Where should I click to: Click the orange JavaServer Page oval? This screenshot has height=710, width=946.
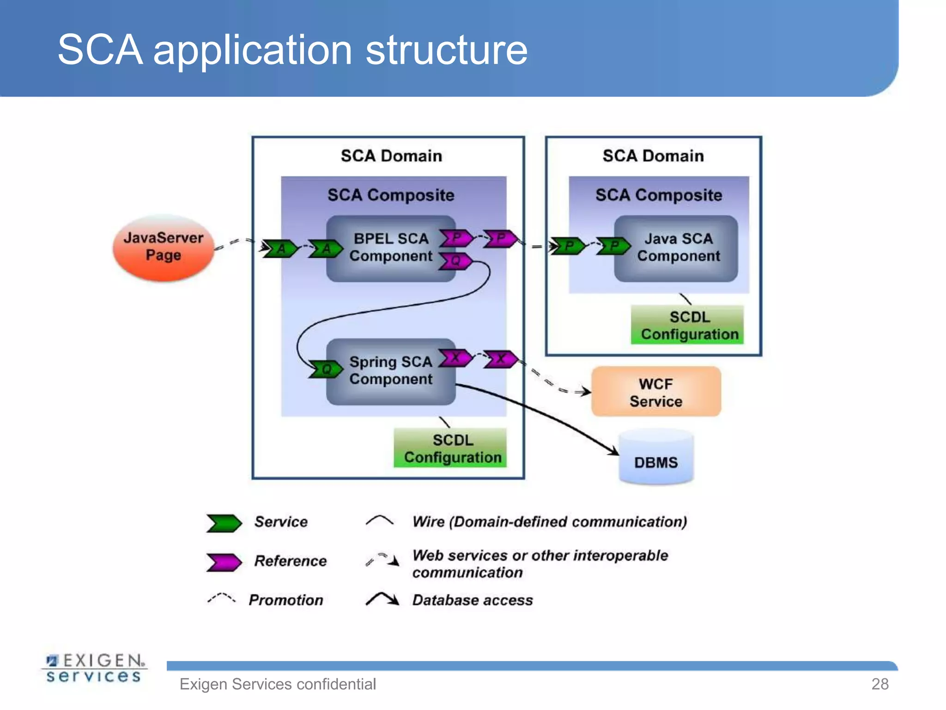click(x=163, y=248)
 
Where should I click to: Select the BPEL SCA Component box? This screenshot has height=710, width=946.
click(x=390, y=248)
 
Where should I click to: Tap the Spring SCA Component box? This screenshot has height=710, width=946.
click(x=390, y=371)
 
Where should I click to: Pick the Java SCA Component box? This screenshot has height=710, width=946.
click(x=678, y=248)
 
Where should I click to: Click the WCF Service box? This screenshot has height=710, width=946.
click(x=656, y=392)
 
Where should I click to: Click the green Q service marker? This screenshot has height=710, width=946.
click(x=326, y=369)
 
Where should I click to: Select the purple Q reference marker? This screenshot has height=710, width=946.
click(x=455, y=261)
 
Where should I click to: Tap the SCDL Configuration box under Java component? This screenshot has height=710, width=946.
click(x=688, y=325)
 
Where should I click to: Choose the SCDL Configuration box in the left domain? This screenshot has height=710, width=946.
click(x=451, y=448)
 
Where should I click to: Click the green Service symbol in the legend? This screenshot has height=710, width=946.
click(x=224, y=523)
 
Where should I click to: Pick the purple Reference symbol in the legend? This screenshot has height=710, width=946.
click(x=224, y=562)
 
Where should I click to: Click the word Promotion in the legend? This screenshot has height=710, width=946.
click(x=286, y=600)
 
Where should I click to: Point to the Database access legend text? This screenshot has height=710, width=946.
click(x=472, y=600)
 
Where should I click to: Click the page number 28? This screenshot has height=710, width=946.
click(x=879, y=684)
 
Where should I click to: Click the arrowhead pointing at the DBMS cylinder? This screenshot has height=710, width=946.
click(x=613, y=450)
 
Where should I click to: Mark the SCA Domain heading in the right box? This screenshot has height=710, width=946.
click(x=653, y=156)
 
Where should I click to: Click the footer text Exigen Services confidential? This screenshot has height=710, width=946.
click(x=278, y=684)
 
